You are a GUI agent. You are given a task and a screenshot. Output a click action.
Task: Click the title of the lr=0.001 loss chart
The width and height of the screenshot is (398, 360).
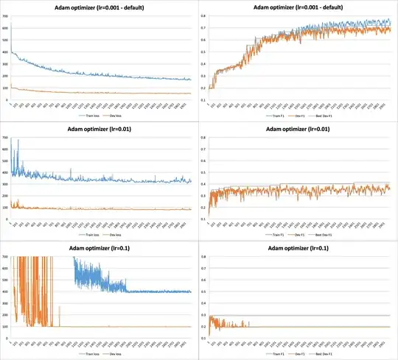pyautogui.click(x=99, y=7)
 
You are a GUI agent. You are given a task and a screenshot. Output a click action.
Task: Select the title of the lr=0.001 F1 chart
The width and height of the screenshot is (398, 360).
pyautogui.click(x=298, y=7)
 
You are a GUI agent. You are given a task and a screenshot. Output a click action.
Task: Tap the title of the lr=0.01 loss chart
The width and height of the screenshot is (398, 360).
pyautogui.click(x=99, y=130)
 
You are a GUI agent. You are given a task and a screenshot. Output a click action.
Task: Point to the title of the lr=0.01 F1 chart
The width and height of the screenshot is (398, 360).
pyautogui.click(x=298, y=130)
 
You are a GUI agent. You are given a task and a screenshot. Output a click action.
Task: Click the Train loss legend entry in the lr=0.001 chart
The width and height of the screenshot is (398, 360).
pyautogui.click(x=87, y=116)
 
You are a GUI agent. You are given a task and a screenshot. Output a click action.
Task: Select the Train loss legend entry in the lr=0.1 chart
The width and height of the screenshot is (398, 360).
pyautogui.click(x=87, y=355)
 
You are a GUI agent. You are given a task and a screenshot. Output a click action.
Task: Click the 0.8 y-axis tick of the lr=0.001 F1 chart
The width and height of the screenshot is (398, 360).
pyautogui.click(x=203, y=16)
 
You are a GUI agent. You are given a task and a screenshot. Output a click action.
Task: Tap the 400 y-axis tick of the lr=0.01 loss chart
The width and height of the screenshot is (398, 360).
pyautogui.click(x=5, y=174)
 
